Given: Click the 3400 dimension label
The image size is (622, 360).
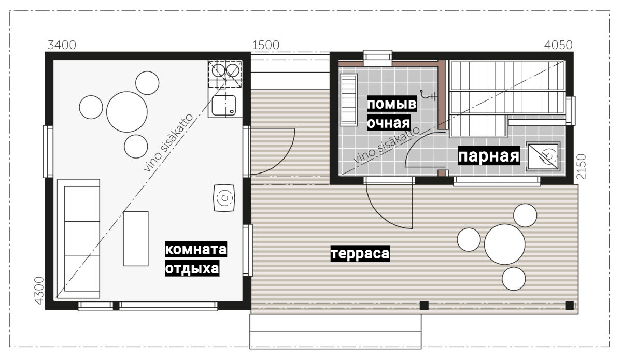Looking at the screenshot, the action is click(x=62, y=45).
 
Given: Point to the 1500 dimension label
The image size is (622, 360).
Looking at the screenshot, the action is click(x=266, y=45).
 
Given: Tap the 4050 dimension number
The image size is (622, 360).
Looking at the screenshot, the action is click(x=558, y=45).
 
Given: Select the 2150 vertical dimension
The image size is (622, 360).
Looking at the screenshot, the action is click(x=581, y=166).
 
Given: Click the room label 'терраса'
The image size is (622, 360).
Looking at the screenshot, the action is click(x=360, y=253).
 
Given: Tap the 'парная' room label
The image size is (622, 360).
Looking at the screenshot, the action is click(x=489, y=156).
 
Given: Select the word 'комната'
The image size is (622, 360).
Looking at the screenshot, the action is click(x=196, y=249).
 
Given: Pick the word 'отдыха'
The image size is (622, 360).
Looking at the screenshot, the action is click(x=192, y=268).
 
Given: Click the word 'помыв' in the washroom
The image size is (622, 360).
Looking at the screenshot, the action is click(x=392, y=104).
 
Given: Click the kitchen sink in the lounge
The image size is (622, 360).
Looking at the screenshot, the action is click(x=224, y=105).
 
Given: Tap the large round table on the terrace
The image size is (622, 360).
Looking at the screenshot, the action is click(x=504, y=244).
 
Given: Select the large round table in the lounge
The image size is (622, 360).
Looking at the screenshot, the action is click(x=126, y=112).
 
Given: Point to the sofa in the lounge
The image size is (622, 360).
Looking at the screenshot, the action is click(x=79, y=239).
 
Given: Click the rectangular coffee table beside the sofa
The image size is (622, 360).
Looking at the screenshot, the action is click(x=136, y=239).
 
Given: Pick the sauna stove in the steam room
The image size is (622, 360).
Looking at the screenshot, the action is click(x=543, y=157).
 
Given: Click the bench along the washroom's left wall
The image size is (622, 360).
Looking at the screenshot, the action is click(x=348, y=100).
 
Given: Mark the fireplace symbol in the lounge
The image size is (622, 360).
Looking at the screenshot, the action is click(x=224, y=198).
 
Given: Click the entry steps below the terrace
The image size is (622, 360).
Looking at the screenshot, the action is click(x=335, y=332).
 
